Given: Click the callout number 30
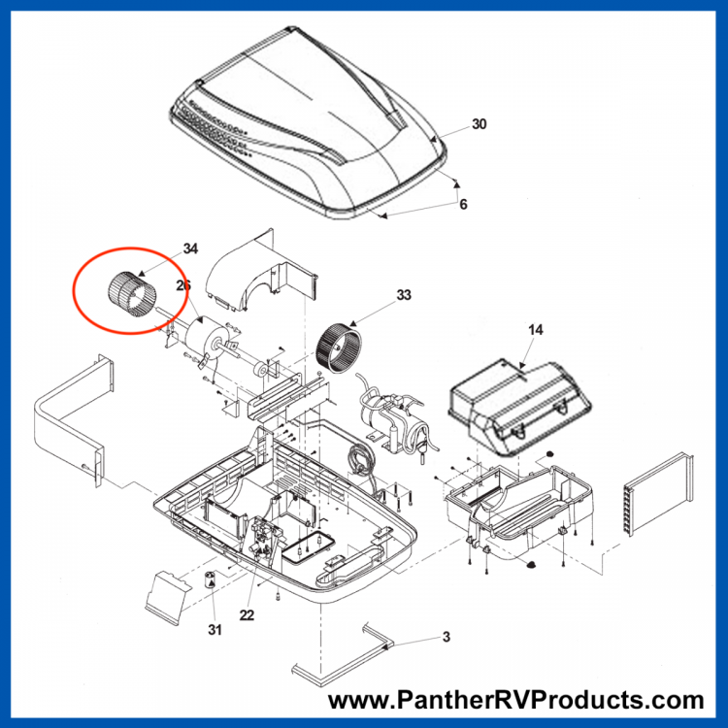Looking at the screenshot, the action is point(479,124).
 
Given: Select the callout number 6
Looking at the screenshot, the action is point(463,204).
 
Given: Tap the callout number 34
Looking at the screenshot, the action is point(190,248).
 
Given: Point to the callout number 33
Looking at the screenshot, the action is point(404,295).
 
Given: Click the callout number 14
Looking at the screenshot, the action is point(535,330).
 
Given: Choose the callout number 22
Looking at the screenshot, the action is point(247,615).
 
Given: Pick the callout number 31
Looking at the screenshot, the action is point(215,630).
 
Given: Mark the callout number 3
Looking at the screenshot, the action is point(447,637).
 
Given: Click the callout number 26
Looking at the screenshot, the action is point(183,285).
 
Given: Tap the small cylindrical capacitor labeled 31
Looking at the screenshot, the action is point(211,579).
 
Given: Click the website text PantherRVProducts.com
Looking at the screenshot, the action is point(515,700).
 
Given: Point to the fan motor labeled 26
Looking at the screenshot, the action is point(204,338).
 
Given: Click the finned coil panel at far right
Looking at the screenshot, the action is point(658,495).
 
